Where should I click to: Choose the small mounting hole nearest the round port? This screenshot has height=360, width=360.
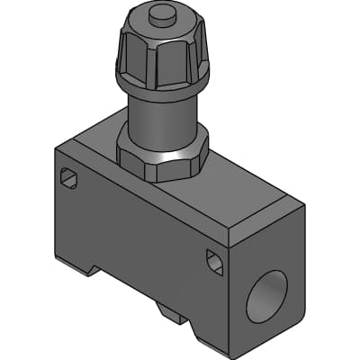(214, 262)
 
